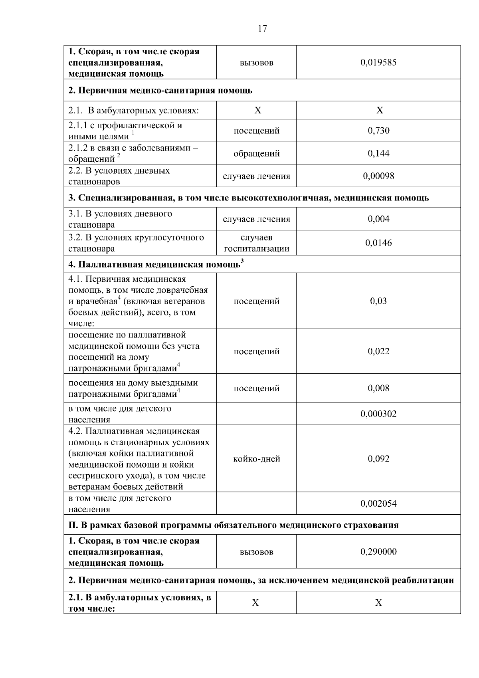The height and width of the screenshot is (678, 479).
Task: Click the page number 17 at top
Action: [x=262, y=29]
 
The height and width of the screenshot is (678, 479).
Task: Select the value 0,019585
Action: [x=378, y=63]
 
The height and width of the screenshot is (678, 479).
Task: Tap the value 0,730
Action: [x=378, y=131]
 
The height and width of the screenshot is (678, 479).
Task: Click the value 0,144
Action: [x=378, y=153]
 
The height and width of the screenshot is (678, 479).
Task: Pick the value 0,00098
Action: [x=378, y=176]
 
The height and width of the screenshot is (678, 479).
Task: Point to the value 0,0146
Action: [x=378, y=243]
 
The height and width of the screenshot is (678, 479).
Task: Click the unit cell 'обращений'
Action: [x=256, y=153]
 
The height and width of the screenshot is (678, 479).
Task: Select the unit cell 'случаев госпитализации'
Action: [x=256, y=243]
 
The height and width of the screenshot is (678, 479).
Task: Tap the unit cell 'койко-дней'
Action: [x=256, y=459]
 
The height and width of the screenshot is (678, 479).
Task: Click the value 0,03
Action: [x=378, y=301]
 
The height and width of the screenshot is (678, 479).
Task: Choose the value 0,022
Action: [x=378, y=351]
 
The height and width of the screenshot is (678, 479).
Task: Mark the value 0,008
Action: [x=378, y=388]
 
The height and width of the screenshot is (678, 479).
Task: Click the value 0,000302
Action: [x=378, y=414]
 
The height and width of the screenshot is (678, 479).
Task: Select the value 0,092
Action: [x=378, y=459]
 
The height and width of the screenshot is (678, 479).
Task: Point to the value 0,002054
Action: [x=378, y=504]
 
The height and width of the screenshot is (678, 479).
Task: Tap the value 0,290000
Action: [x=378, y=552]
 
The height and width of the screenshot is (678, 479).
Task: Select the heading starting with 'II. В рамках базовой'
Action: [x=233, y=525]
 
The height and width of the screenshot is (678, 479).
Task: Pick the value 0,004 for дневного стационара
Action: [x=378, y=219]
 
